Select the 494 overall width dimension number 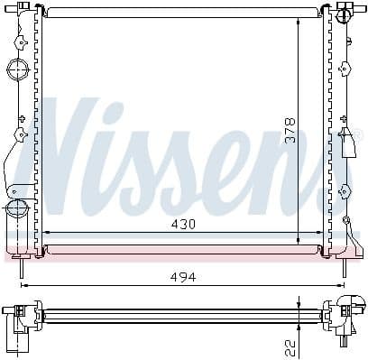click(x=183, y=276)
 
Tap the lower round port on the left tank click(x=16, y=209)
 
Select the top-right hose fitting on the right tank click(x=345, y=16)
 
